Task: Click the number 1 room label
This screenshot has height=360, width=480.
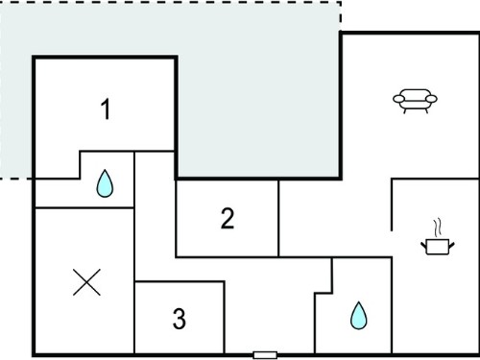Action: [106, 109]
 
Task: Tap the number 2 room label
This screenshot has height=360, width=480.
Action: [228, 218]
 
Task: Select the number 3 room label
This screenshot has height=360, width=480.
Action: [180, 319]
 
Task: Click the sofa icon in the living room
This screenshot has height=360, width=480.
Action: [415, 101]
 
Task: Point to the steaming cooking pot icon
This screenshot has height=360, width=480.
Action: [438, 238]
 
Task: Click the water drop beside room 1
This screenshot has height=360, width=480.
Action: [105, 183]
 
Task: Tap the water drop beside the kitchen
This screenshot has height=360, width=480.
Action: [359, 316]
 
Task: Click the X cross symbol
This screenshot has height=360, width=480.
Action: [86, 282]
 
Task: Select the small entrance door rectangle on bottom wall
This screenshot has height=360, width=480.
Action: [265, 355]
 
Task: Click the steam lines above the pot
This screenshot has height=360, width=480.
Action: [438, 228]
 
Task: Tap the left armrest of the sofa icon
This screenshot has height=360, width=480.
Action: [398, 99]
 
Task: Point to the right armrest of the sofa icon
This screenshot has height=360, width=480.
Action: [431, 99]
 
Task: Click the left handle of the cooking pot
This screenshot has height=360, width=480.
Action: [424, 246]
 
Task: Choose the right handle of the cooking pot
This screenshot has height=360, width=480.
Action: [451, 246]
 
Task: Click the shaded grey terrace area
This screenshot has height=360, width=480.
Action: [256, 96]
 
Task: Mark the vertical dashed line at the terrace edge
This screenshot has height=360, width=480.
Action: [341, 16]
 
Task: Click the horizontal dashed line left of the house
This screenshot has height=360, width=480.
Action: [16, 179]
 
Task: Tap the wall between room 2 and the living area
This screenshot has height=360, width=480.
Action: [278, 218]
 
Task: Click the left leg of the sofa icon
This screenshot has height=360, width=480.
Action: [405, 110]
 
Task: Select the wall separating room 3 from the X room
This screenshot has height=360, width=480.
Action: [134, 318]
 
